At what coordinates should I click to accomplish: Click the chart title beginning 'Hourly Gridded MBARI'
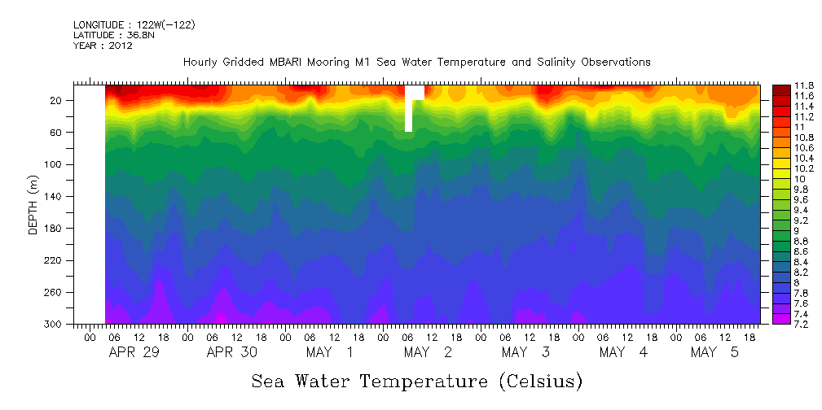pyautogui.click(x=416, y=63)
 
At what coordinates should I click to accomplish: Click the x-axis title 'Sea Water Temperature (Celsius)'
pyautogui.click(x=416, y=382)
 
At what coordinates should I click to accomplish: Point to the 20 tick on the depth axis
pyautogui.click(x=56, y=101)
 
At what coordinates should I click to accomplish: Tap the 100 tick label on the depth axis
pyautogui.click(x=56, y=164)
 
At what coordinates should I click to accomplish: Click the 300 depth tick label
pyautogui.click(x=56, y=324)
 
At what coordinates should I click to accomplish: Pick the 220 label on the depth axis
pyautogui.click(x=56, y=260)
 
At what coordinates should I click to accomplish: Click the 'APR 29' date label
pyautogui.click(x=134, y=352)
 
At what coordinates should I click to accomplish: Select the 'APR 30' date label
pyautogui.click(x=231, y=352)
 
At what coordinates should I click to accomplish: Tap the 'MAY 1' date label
pyautogui.click(x=330, y=352)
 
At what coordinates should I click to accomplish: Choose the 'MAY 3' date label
pyautogui.click(x=525, y=352)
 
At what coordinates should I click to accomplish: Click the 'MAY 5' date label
pyautogui.click(x=714, y=352)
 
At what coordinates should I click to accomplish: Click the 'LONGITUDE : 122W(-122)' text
pyautogui.click(x=134, y=25)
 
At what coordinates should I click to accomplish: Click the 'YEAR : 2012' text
pyautogui.click(x=103, y=46)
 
